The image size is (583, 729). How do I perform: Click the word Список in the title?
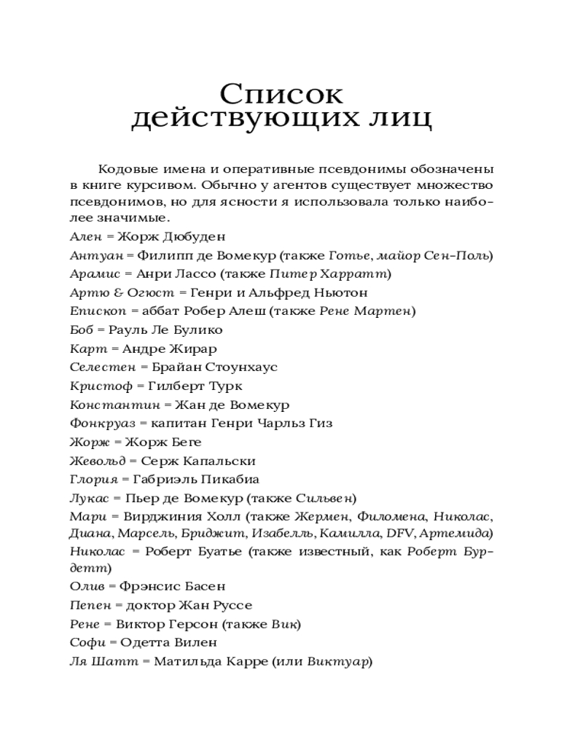281,94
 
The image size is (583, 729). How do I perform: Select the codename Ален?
85,236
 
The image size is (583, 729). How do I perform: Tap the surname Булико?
199,330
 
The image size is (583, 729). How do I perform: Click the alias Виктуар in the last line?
337,662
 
